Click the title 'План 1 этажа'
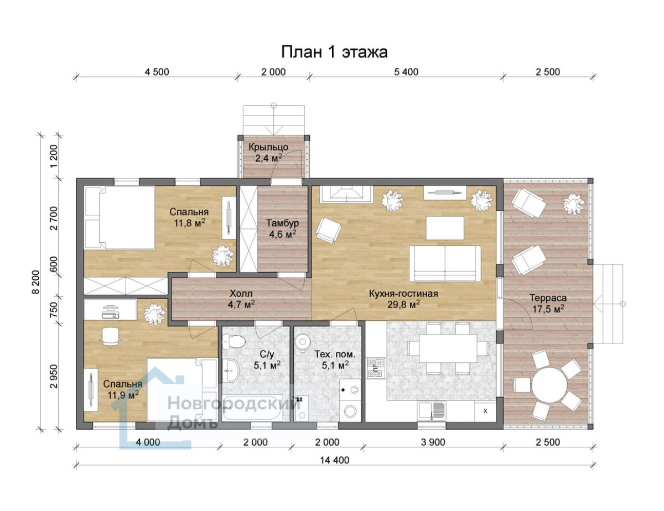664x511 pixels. pyautogui.click(x=334, y=52)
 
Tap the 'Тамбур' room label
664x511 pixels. pyautogui.click(x=282, y=223)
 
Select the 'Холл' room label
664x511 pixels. pyautogui.click(x=241, y=293)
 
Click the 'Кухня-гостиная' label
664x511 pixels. pyautogui.click(x=403, y=293)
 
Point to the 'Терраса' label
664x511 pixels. pyautogui.click(x=548, y=298)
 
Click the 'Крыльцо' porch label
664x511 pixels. pyautogui.click(x=268, y=147)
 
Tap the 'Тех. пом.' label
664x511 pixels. pyautogui.click(x=335, y=354)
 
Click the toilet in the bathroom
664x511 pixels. pyautogui.click(x=233, y=341)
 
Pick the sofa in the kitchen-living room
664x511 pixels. pyautogui.click(x=445, y=263)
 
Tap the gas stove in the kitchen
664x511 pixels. pyautogui.click(x=375, y=369)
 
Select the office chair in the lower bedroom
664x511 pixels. pyautogui.click(x=110, y=337)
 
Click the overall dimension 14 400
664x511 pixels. pyautogui.click(x=335, y=460)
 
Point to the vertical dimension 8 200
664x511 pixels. pyautogui.click(x=36, y=281)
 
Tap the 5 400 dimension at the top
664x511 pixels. pyautogui.click(x=406, y=72)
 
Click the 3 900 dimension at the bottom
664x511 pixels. pyautogui.click(x=433, y=442)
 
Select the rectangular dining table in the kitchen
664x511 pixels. pyautogui.click(x=448, y=348)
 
